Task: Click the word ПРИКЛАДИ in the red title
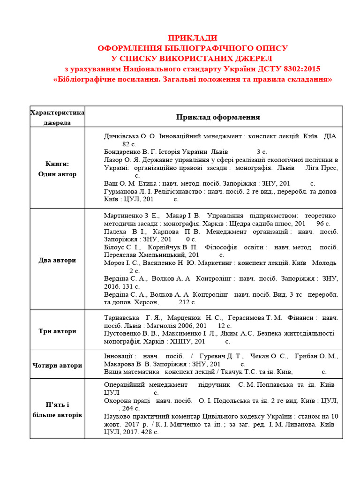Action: [193, 38]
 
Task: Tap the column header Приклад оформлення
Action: [218, 117]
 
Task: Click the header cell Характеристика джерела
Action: [57, 117]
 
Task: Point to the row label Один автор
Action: [57, 174]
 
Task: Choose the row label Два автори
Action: [57, 260]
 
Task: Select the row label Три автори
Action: [57, 331]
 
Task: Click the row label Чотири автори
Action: [57, 365]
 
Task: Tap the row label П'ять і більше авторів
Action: [57, 410]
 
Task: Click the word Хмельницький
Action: [160, 255]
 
